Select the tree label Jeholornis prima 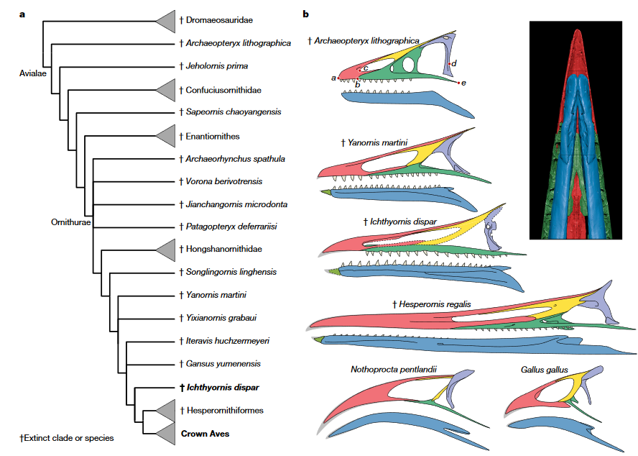point(217,66)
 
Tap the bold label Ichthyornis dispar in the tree point(218,388)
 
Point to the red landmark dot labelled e point(458,83)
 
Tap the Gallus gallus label point(544,370)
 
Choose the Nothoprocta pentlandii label point(394,370)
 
